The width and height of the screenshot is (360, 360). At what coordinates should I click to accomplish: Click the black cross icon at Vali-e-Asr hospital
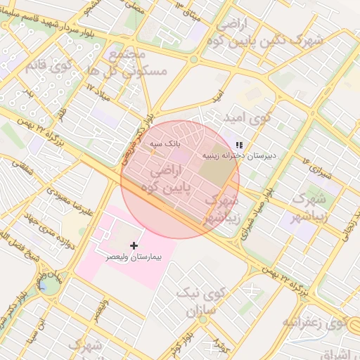coord(134,245)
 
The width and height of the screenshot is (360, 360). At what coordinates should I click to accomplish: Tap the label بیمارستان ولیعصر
coord(133,258)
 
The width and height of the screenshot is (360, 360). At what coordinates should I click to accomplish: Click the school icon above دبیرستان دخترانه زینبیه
coord(240,145)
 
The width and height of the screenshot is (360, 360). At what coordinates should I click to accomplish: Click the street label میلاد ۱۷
coord(101,88)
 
